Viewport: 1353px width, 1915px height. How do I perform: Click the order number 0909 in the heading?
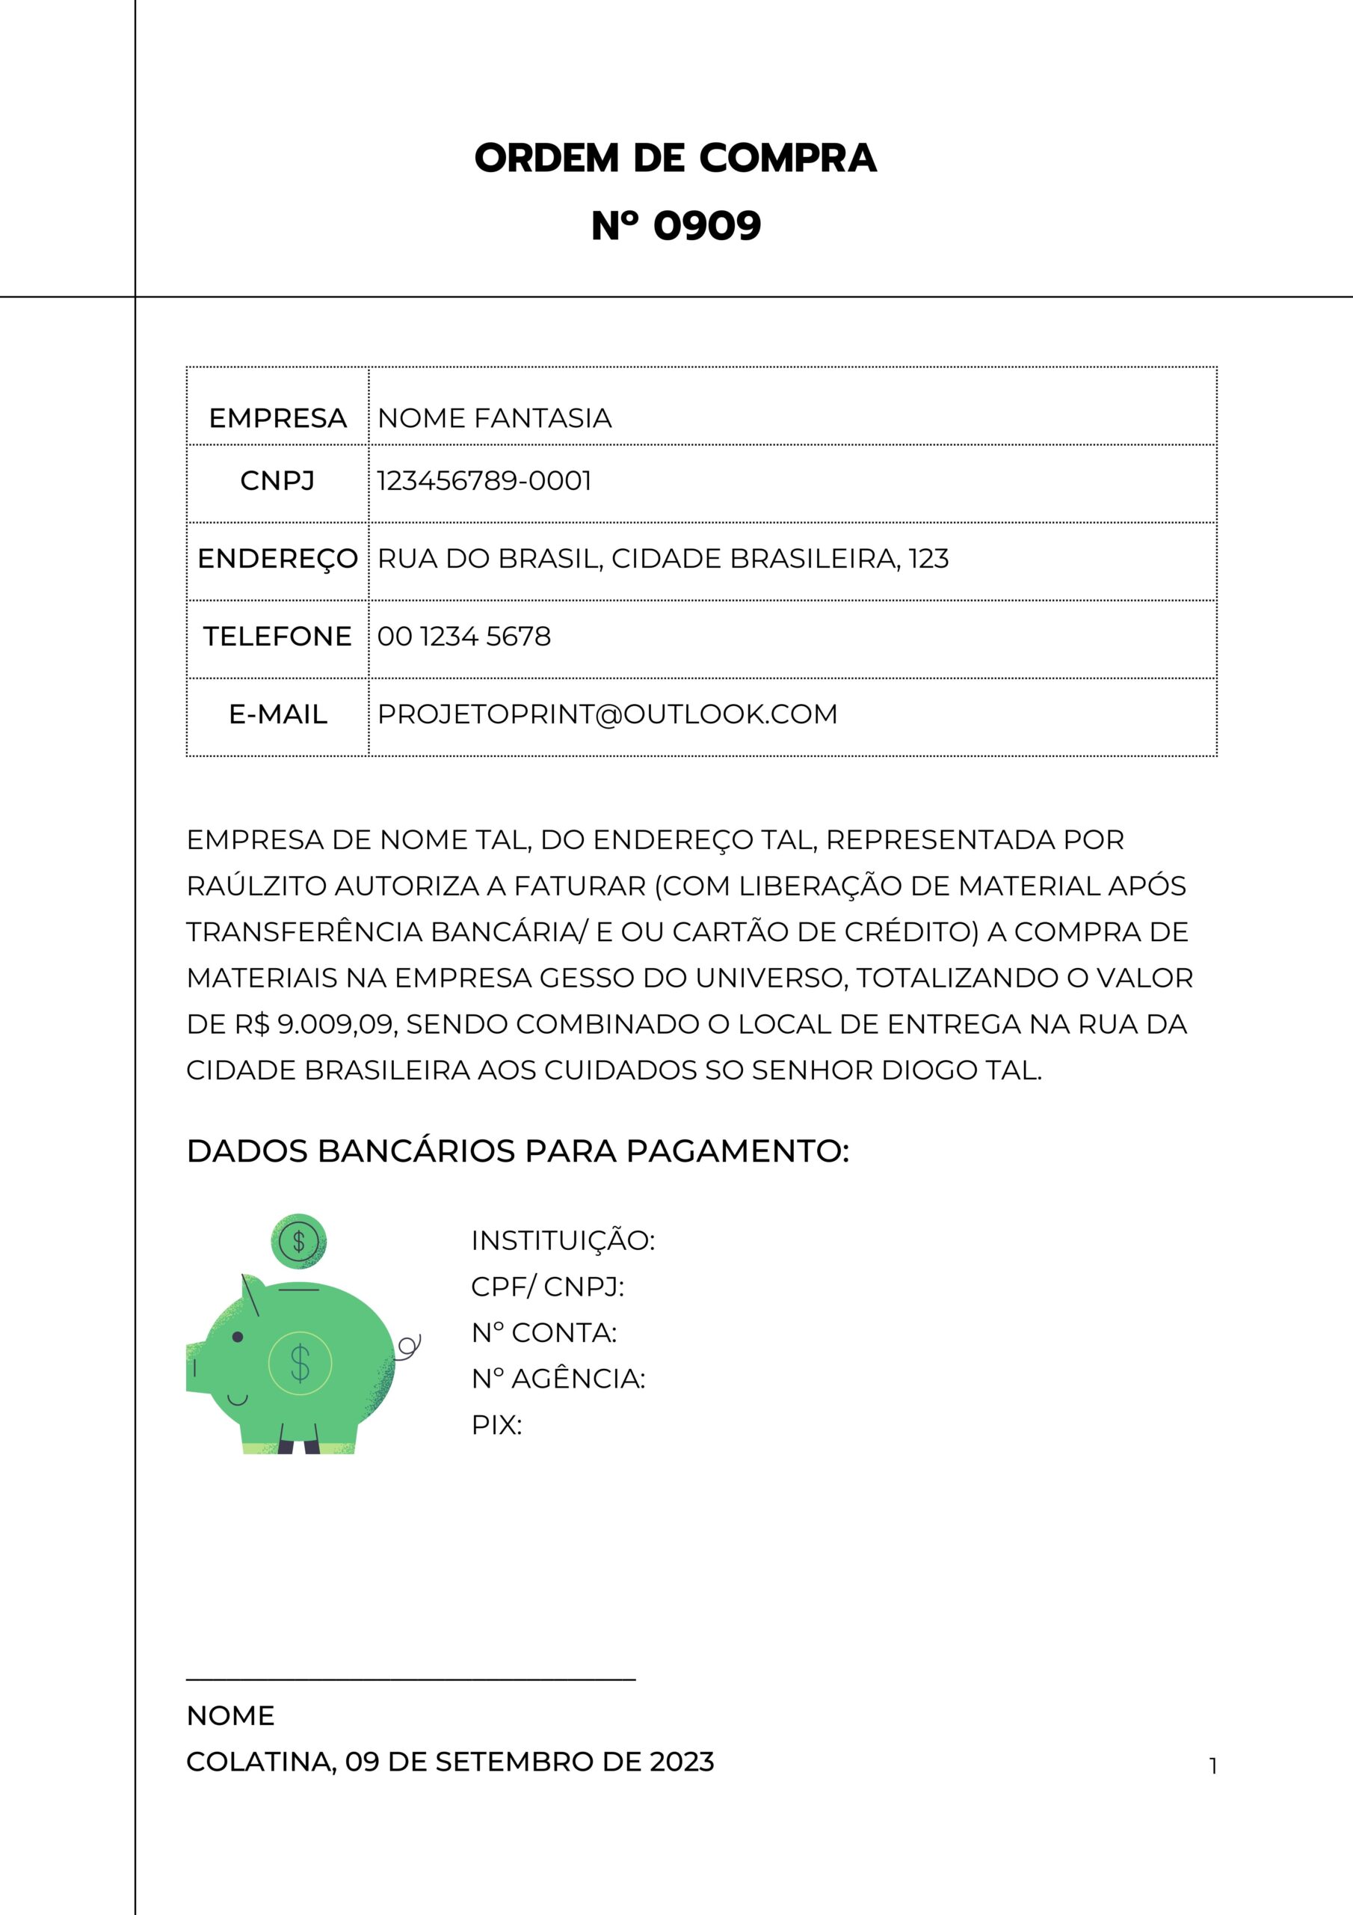tap(707, 226)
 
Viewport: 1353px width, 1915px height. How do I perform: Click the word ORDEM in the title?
tap(547, 159)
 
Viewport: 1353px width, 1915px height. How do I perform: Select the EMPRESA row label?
tap(277, 418)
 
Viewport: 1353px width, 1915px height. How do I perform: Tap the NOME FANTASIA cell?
tap(494, 418)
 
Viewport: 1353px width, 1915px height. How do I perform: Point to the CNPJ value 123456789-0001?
tap(484, 481)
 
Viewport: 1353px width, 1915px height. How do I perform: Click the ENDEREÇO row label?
tap(277, 559)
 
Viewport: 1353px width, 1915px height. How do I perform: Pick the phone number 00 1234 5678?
tap(464, 637)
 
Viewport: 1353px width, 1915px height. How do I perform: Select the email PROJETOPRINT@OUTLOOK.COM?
tap(607, 714)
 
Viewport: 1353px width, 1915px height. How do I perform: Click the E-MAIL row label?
tap(277, 714)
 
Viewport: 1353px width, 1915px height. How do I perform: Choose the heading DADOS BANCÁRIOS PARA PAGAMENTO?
tap(518, 1151)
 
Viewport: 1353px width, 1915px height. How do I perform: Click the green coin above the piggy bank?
tap(298, 1241)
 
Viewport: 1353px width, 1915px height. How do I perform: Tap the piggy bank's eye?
tap(238, 1337)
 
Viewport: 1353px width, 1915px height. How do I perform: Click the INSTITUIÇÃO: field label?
tap(563, 1240)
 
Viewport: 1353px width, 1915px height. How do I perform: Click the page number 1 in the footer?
tap(1213, 1765)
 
